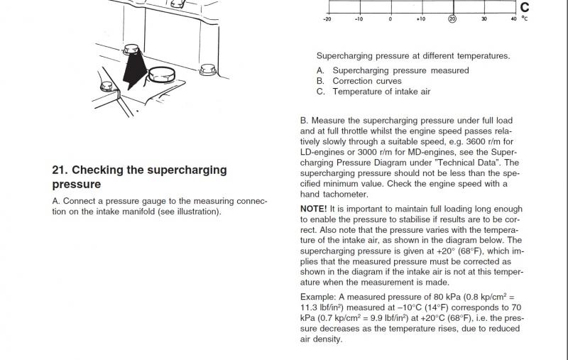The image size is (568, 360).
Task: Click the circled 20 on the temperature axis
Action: tap(452, 19)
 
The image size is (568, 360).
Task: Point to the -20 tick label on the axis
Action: tap(327, 19)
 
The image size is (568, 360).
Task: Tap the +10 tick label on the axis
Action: tap(420, 19)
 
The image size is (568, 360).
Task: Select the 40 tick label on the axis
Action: tap(513, 19)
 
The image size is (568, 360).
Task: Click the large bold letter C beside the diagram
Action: tap(525, 8)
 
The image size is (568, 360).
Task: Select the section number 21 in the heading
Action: tap(59, 170)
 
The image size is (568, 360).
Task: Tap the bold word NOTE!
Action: tap(313, 209)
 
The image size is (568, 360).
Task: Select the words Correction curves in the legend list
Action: tap(367, 81)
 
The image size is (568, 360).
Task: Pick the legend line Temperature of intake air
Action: tap(381, 92)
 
